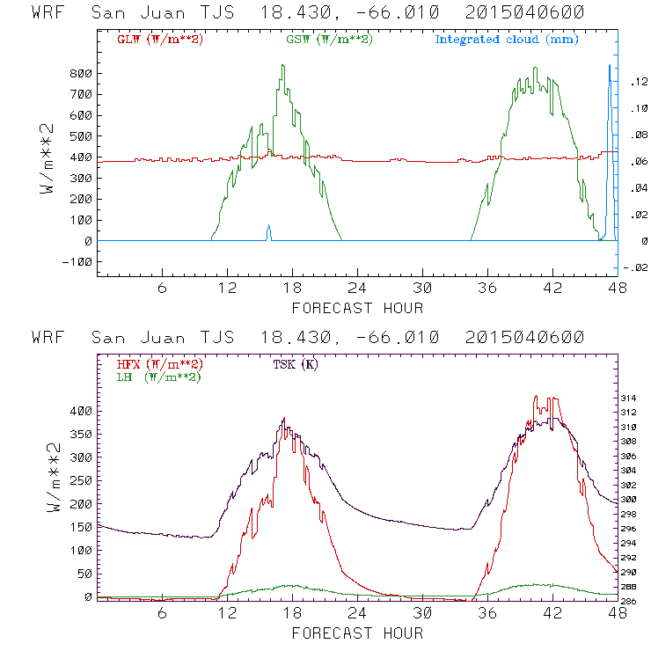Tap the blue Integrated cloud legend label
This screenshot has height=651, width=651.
[x=507, y=40]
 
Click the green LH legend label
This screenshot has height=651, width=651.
[x=157, y=377]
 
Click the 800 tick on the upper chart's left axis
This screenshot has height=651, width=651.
[x=82, y=73]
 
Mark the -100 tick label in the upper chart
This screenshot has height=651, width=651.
[x=78, y=262]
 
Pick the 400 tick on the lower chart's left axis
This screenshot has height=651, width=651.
[x=82, y=411]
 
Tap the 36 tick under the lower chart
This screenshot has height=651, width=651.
[x=487, y=615]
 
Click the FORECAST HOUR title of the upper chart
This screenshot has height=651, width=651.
[x=357, y=308]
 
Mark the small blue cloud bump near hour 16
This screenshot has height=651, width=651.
[x=269, y=230]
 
